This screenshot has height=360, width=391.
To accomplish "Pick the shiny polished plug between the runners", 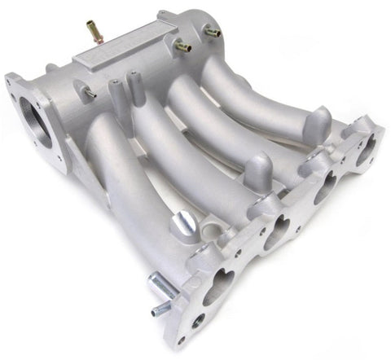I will (x=184, y=222).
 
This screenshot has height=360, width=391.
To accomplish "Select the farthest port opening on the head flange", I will (x=366, y=149).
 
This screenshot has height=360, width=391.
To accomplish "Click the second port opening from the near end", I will (x=276, y=232).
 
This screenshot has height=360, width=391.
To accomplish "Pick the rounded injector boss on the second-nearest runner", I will (x=259, y=169).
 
